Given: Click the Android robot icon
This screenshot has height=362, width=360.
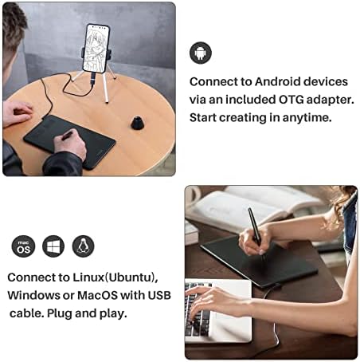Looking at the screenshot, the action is tap(201, 53).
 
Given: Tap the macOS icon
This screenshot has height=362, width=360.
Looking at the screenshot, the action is tap(23, 246).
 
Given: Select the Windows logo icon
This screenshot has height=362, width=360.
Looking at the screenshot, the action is tap(53, 246).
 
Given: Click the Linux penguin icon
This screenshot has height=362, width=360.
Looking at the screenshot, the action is tap(83, 246).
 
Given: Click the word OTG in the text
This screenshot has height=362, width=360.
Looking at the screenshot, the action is tap(291, 100).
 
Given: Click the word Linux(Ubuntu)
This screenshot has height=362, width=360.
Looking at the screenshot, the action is tap(115, 277).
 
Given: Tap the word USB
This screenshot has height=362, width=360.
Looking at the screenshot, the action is tap(159, 295).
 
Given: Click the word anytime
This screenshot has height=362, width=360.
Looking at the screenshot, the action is tap(307, 117).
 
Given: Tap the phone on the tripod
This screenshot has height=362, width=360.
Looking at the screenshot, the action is tap(96, 48).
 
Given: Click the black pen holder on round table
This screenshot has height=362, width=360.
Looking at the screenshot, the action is tap(139, 122).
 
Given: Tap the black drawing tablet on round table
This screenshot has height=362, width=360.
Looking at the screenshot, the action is tap(69, 141).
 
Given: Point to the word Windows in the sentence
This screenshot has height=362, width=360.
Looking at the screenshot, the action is tap(33, 295).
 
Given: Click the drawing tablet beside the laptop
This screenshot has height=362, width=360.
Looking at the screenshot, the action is tap(260, 262).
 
